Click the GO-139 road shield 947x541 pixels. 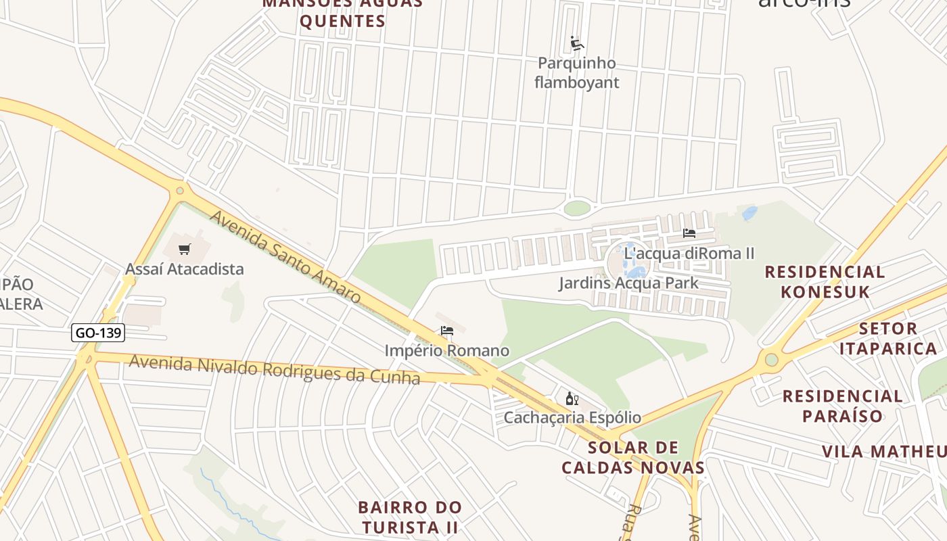98,333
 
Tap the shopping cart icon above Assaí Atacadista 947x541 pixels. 184,249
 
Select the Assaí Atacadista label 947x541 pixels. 184,269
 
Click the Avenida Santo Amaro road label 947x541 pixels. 285,257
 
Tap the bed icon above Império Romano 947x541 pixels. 446,331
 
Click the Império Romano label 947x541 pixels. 446,351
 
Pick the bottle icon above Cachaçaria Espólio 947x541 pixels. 572,398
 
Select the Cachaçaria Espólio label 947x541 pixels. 572,417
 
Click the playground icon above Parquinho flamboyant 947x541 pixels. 576,44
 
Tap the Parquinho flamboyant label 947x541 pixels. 576,73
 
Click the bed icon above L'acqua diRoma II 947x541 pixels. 689,233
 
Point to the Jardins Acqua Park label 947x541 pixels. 628,283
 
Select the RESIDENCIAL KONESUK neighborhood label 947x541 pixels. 825,282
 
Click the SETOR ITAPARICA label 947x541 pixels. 897,339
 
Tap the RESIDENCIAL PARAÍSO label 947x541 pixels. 842,406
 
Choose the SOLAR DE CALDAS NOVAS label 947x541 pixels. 633,458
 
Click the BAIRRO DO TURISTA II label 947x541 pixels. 410,517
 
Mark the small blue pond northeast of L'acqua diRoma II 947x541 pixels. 749,214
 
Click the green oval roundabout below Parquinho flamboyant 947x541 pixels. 576,208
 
